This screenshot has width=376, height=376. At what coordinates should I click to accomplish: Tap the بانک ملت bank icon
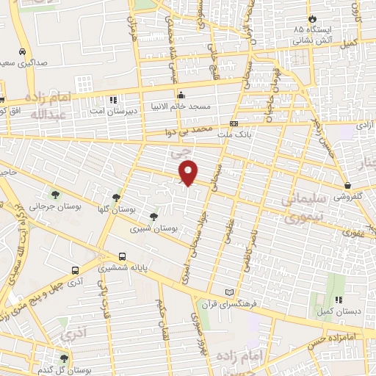(x=234, y=124)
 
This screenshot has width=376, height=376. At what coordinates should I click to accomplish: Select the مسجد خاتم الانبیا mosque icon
(x=181, y=95)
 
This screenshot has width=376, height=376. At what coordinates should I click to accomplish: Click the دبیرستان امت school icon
(x=112, y=99)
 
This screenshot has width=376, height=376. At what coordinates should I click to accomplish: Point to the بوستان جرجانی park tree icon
(x=55, y=195)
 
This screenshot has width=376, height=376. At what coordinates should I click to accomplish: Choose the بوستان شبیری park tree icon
(x=153, y=217)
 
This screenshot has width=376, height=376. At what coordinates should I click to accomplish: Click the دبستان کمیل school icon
(x=339, y=300)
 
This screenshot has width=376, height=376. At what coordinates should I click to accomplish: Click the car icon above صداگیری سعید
(x=24, y=52)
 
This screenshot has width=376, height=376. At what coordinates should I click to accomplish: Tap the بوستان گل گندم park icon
(x=64, y=358)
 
